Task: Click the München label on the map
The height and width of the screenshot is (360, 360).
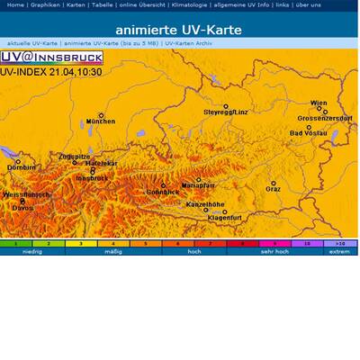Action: click(100, 121)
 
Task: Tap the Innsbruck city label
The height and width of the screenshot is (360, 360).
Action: click(92, 178)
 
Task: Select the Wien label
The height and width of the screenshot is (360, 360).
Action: click(319, 103)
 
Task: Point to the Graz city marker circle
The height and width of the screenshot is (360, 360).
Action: click(273, 184)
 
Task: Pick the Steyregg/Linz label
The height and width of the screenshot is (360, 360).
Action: click(225, 112)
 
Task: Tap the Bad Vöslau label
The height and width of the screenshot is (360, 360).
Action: click(309, 133)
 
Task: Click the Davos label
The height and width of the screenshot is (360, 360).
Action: click(22, 209)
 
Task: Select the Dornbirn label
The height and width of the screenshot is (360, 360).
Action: click(21, 167)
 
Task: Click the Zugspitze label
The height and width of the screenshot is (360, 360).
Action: click(74, 156)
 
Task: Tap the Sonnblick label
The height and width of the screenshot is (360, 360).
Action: click(163, 193)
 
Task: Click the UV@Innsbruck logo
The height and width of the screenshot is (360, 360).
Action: click(50, 58)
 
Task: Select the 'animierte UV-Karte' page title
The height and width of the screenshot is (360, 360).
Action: click(180, 30)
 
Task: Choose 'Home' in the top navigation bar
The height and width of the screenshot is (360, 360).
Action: click(15, 4)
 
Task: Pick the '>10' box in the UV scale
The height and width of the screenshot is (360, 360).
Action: click(339, 243)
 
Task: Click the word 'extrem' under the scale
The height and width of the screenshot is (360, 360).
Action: click(339, 252)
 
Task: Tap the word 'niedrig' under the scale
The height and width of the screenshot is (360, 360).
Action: click(32, 252)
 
